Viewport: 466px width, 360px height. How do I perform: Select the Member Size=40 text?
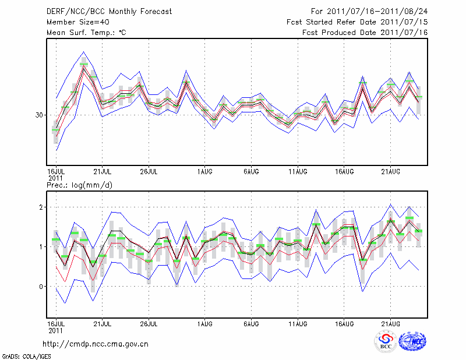77,22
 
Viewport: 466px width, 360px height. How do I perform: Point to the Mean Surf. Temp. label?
86,33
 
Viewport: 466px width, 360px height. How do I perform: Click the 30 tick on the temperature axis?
40,115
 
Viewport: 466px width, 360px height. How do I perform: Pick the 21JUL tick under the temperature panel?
103,171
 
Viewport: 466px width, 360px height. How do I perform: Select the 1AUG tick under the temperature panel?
204,171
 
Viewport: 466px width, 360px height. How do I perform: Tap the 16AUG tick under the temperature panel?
344,171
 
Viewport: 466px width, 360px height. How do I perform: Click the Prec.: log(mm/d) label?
80,185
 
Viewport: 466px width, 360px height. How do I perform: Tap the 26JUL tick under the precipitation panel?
149,323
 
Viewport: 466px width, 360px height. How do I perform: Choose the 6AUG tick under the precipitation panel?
251,323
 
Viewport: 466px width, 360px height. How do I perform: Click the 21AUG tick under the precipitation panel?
391,323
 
